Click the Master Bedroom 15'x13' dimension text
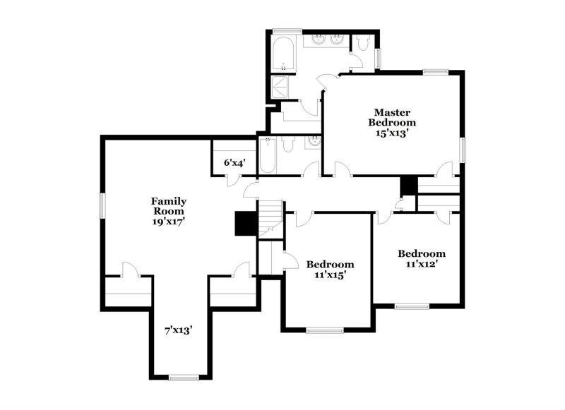tap(392, 133)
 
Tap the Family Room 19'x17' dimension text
tap(169, 222)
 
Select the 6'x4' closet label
tap(235, 163)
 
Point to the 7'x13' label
tap(179, 330)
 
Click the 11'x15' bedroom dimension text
tap(331, 275)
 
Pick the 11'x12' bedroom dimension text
tap(422, 264)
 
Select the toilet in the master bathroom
tap(361, 43)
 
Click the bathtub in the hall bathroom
tap(268, 155)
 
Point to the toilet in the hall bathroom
tap(288, 145)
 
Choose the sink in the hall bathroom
tap(314, 141)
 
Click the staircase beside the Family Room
tap(270, 219)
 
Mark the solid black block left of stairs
tap(246, 224)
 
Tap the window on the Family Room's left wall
tap(102, 206)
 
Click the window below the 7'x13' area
tap(184, 378)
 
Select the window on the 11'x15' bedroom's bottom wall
tap(325, 330)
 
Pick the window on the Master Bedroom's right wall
tap(463, 150)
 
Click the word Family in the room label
tap(169, 202)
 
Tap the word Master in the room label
tap(392, 112)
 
